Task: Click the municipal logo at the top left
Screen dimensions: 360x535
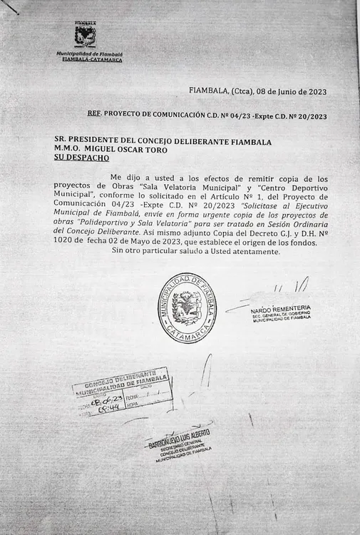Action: coord(86,34)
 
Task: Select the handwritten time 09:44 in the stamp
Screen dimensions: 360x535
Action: coord(108,409)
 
